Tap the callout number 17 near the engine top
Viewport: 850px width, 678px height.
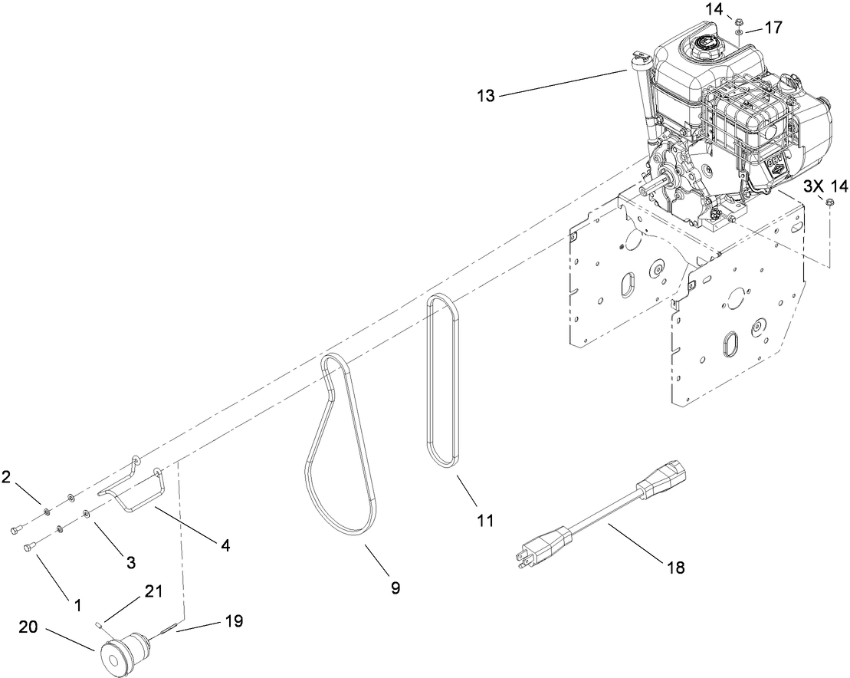point(773,28)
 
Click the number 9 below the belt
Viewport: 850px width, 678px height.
point(395,587)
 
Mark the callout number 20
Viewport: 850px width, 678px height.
point(28,627)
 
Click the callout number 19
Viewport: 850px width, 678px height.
point(234,620)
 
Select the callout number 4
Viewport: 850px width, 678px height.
point(225,545)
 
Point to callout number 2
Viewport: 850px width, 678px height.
point(6,477)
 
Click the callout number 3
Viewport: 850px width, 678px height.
point(130,562)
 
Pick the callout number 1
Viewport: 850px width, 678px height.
point(77,604)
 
